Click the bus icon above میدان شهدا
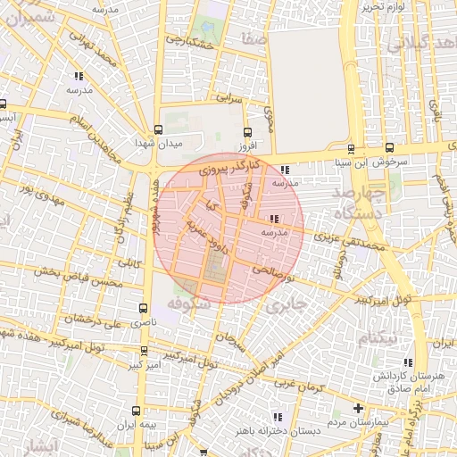(x=158, y=129)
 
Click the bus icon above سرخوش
(x=389, y=148)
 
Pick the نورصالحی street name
(x=270, y=268)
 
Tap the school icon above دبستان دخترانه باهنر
(x=279, y=416)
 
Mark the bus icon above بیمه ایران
(x=135, y=411)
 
